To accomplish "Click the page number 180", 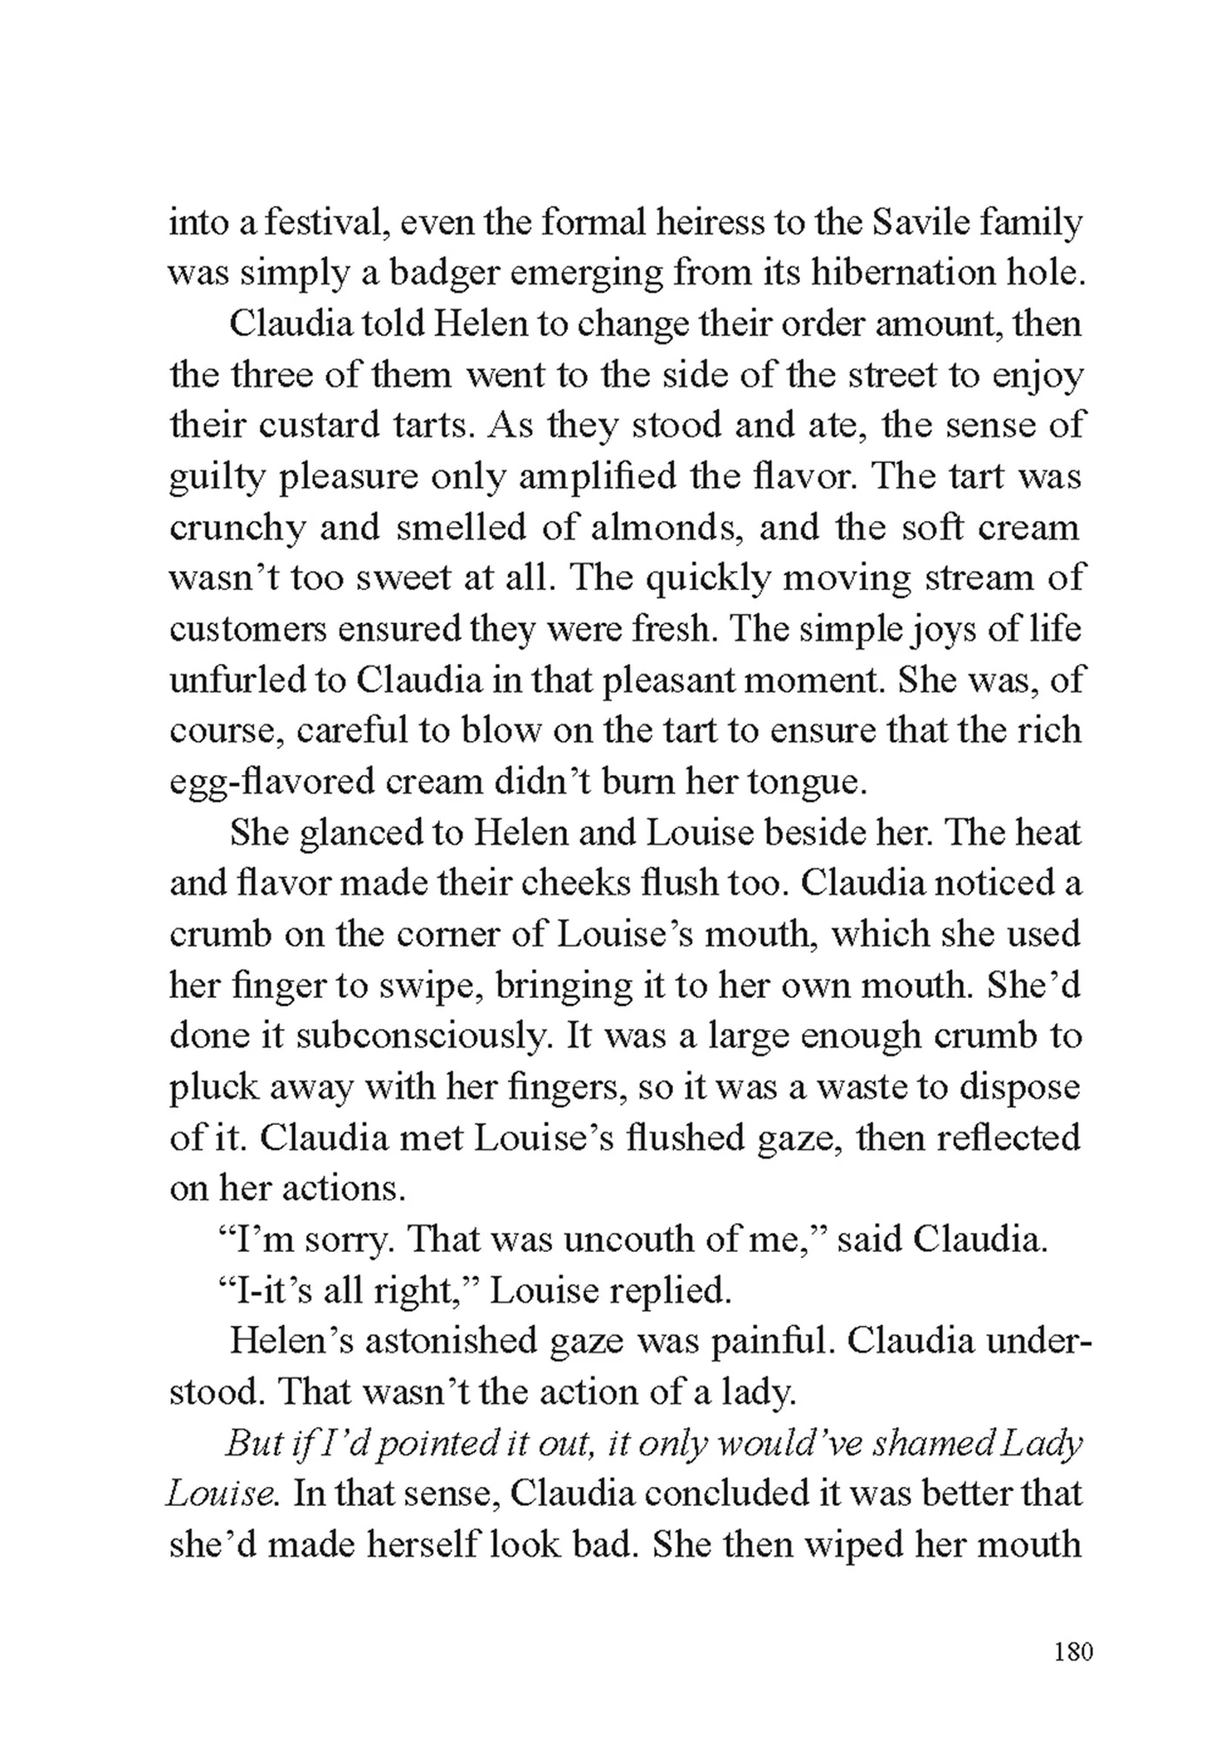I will [1072, 1650].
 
